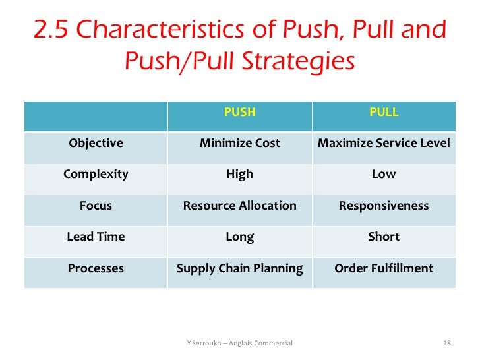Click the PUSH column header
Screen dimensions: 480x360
(239, 112)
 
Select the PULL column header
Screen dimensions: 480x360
(384, 112)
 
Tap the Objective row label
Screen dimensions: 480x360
(96, 143)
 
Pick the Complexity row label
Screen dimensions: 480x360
(96, 175)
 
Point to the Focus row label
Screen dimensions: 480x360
(96, 206)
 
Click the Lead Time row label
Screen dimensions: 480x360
(96, 237)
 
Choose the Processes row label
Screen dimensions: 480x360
(96, 268)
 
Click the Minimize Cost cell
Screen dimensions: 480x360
(239, 143)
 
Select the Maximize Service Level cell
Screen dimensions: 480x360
(384, 143)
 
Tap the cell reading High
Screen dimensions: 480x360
(239, 175)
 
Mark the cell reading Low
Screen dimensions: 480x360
(384, 175)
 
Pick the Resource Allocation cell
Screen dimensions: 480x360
(239, 206)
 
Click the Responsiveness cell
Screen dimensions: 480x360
(384, 206)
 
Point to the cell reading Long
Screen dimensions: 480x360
(239, 237)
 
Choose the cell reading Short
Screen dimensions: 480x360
(384, 237)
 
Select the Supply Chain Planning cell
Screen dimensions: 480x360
(239, 268)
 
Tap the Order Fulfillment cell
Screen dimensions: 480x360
(384, 268)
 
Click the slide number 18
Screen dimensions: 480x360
(446, 343)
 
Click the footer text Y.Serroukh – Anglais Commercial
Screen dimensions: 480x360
(240, 343)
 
